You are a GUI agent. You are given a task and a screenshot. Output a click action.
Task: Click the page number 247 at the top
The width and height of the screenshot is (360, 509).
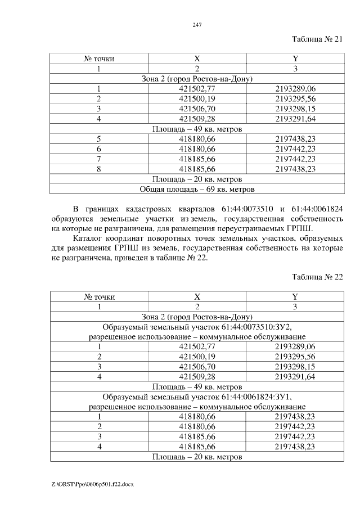point(196,25)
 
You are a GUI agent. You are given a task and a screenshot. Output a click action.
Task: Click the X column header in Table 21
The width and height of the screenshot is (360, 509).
point(197,59)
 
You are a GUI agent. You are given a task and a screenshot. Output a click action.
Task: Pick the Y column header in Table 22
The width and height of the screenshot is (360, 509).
point(295,297)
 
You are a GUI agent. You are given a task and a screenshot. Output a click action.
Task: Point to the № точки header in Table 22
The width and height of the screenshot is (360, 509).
point(99,297)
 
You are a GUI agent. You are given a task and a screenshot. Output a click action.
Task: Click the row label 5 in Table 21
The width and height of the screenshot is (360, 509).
point(99,139)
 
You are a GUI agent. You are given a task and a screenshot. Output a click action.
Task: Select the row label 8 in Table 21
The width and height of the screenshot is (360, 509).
point(99,169)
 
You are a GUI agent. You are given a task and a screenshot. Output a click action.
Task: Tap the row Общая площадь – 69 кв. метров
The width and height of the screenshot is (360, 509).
point(197,189)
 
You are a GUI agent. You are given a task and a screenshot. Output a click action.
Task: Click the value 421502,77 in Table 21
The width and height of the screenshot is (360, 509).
point(197,89)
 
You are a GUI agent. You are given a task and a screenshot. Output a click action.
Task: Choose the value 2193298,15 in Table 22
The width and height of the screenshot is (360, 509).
point(295,367)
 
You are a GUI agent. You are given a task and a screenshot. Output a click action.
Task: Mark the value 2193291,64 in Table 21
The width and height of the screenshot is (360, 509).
point(295,119)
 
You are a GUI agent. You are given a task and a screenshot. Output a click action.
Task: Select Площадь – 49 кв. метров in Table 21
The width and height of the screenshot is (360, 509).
point(197,129)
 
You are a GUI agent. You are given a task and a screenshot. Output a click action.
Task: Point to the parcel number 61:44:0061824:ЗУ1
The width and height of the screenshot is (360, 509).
point(254,397)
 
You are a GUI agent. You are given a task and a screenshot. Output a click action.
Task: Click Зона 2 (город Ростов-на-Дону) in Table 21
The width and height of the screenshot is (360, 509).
point(197,79)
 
